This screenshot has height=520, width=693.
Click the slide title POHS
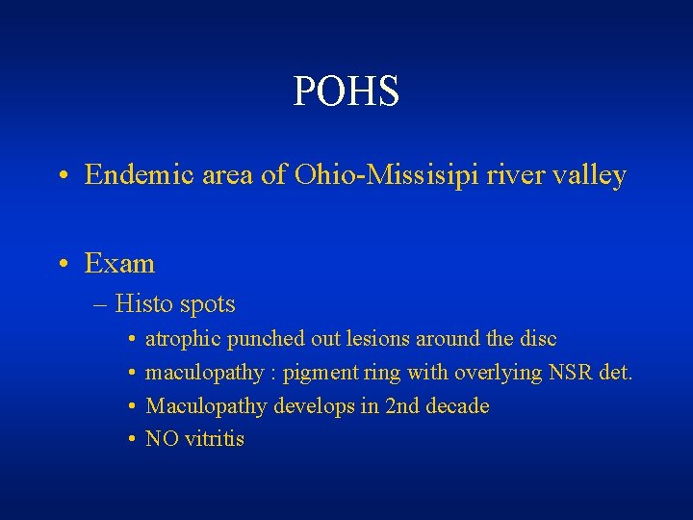pos(346,91)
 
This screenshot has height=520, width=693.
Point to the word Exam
pos(119,263)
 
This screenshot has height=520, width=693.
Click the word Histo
pos(143,304)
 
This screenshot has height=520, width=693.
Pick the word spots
pos(207,304)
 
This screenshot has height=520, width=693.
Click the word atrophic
pos(183,340)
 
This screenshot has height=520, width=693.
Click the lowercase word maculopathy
pos(203,373)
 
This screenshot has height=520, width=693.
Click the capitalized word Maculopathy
pos(207,406)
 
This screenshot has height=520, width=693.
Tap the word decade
pos(458,406)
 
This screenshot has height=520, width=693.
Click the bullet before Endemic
pos(62,176)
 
